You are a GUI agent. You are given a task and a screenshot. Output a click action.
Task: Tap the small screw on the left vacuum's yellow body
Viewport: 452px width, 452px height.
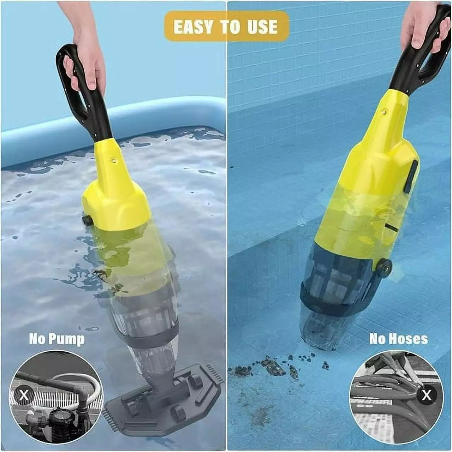114,161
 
